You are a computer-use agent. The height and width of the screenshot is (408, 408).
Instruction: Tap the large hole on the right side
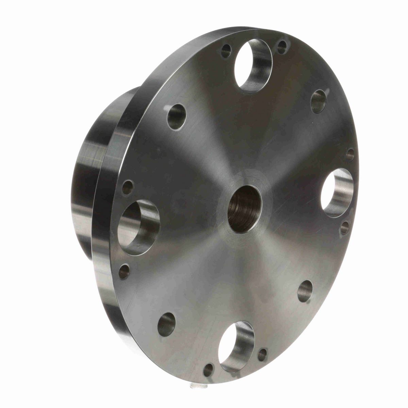point(337,192)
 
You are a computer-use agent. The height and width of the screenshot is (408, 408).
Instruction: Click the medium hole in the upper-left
point(177,117)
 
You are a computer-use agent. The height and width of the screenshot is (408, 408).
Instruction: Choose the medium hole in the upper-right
point(319,101)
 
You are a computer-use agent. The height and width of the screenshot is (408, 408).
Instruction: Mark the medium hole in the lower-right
point(305,291)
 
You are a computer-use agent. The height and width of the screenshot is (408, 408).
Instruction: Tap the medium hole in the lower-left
point(166,324)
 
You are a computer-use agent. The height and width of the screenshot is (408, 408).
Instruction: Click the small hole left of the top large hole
point(226,51)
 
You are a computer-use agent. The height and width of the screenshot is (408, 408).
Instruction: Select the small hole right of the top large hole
point(282,47)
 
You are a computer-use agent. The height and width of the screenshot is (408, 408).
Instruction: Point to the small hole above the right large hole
point(350,154)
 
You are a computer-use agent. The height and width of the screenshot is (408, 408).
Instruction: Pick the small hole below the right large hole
point(344,227)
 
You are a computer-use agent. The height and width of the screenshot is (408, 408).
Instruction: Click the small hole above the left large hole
point(128,187)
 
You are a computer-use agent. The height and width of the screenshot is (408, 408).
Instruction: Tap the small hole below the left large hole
point(124,271)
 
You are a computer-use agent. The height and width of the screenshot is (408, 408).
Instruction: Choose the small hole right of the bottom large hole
point(262,355)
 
